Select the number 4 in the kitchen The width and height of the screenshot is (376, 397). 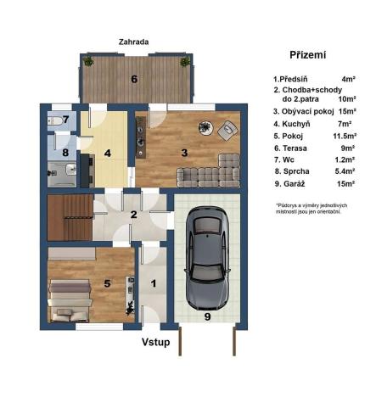108,154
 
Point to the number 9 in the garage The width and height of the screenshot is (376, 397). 206,318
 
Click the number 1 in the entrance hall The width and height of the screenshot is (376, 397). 154,284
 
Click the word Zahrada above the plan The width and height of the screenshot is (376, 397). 135,40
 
